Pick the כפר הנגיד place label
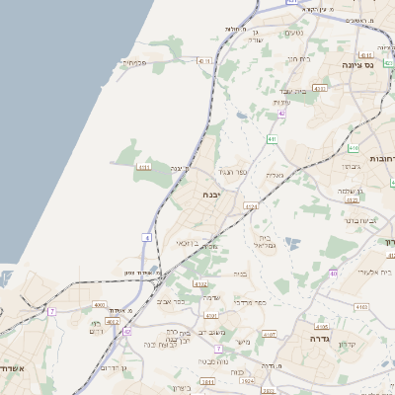click(x=230, y=172)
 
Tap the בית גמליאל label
click(x=264, y=240)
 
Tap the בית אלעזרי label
click(x=371, y=272)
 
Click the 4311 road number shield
click(x=144, y=168)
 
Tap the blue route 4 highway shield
click(x=146, y=237)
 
